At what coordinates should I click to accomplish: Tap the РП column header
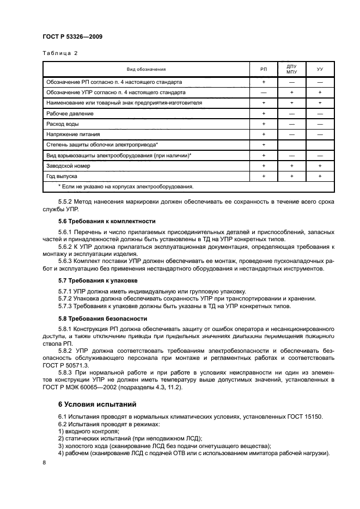point(264,70)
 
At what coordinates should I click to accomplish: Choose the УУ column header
point(320,70)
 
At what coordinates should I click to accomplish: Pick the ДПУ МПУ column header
point(291,69)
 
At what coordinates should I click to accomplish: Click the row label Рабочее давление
point(70,113)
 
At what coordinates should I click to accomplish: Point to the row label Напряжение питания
point(74,134)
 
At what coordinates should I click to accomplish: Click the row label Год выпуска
point(62,176)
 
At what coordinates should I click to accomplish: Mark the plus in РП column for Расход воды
point(264,124)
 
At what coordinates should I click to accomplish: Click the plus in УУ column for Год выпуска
point(320,176)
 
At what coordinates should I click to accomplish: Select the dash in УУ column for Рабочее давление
point(320,113)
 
